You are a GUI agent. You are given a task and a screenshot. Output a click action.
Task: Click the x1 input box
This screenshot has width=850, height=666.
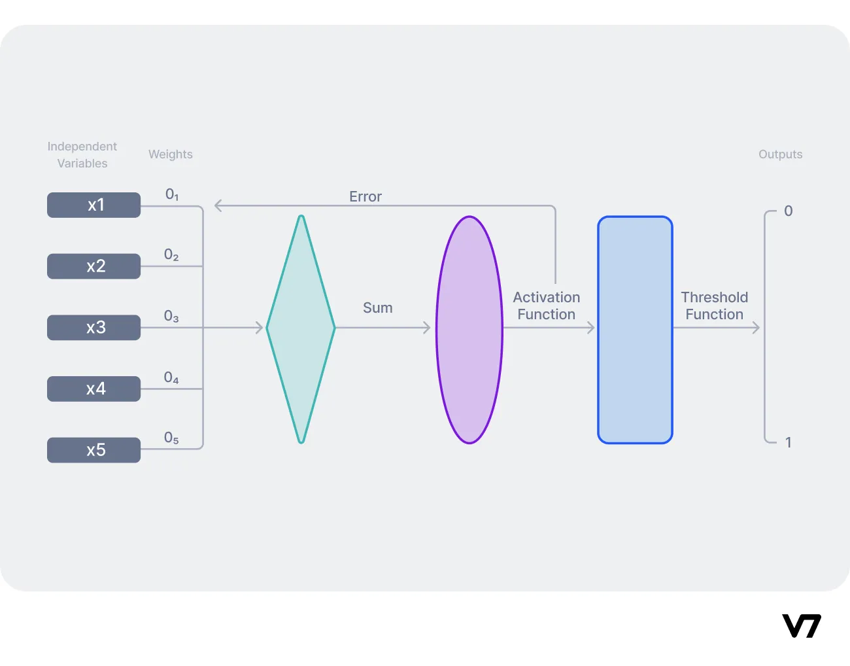coord(93,205)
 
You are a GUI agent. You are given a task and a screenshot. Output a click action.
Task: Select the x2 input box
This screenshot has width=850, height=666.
coord(93,266)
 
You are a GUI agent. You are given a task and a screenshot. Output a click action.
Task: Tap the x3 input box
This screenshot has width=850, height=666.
coord(93,327)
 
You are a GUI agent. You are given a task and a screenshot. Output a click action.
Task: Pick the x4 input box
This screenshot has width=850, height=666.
coord(93,389)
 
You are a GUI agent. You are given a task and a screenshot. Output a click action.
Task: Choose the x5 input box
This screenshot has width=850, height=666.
coord(93,450)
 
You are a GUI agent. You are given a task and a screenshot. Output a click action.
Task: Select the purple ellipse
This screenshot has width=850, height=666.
coord(469,330)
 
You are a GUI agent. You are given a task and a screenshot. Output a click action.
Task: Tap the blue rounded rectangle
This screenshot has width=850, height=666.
coord(635,330)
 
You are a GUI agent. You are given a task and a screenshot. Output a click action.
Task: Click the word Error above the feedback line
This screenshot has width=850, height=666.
coord(365,196)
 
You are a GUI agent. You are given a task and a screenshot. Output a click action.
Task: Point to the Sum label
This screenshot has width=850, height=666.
coord(378,307)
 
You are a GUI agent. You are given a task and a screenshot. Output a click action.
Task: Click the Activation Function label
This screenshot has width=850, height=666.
coord(547,306)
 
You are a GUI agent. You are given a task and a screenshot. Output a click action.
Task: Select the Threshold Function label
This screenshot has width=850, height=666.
coord(714,306)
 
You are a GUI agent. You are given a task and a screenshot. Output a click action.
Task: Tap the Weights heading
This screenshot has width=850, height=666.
coord(171,154)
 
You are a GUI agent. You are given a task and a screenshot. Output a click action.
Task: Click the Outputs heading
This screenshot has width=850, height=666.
coord(780,154)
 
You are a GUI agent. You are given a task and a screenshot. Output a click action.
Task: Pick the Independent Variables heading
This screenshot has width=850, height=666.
coord(82,155)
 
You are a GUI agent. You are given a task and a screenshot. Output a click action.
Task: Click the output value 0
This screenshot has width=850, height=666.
coord(789,211)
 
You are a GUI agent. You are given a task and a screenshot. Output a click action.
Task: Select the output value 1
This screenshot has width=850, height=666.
coord(789,442)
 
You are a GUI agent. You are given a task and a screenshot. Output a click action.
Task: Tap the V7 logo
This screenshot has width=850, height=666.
coord(801,626)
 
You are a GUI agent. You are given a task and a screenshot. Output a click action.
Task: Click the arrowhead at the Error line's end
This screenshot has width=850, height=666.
coord(218,206)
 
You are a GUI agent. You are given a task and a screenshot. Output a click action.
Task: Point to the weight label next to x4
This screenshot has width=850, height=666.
coord(171,377)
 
